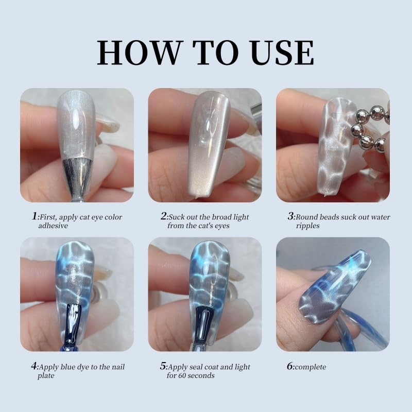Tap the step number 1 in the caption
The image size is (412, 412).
(x=33, y=217)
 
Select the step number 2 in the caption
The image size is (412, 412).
(x=163, y=217)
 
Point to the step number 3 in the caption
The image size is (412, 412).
(x=290, y=217)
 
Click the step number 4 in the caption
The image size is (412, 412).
(x=33, y=367)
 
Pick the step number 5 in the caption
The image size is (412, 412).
(x=163, y=367)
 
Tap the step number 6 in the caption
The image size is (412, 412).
(x=290, y=367)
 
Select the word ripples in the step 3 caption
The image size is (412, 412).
(x=308, y=226)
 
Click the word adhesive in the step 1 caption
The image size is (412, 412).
(x=54, y=226)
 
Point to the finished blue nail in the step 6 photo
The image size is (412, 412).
(x=330, y=288)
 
